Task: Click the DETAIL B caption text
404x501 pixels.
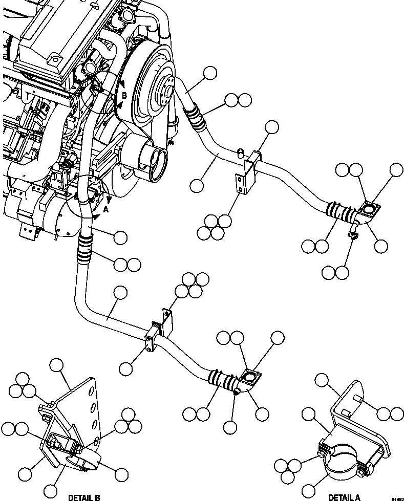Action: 84,497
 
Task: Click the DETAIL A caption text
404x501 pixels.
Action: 344,497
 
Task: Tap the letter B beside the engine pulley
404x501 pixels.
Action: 123,95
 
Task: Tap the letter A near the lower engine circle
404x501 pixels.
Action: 105,209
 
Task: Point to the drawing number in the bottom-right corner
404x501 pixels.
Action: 397,498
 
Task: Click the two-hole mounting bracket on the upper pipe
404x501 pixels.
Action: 240,184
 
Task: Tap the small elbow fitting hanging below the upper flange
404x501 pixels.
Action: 353,230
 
